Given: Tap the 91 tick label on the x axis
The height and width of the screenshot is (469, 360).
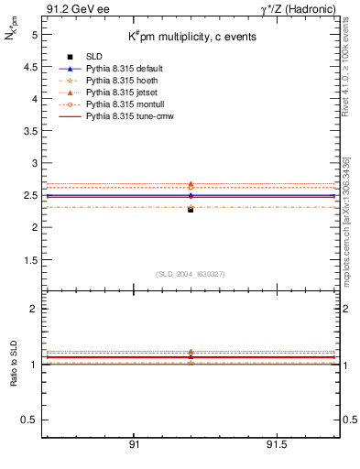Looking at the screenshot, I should point(134,446).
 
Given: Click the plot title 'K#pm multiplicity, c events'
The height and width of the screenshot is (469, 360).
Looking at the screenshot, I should point(191,37).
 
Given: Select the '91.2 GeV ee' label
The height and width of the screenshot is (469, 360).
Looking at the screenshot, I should point(71,8).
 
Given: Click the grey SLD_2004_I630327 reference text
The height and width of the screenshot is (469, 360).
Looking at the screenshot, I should point(191,274).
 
